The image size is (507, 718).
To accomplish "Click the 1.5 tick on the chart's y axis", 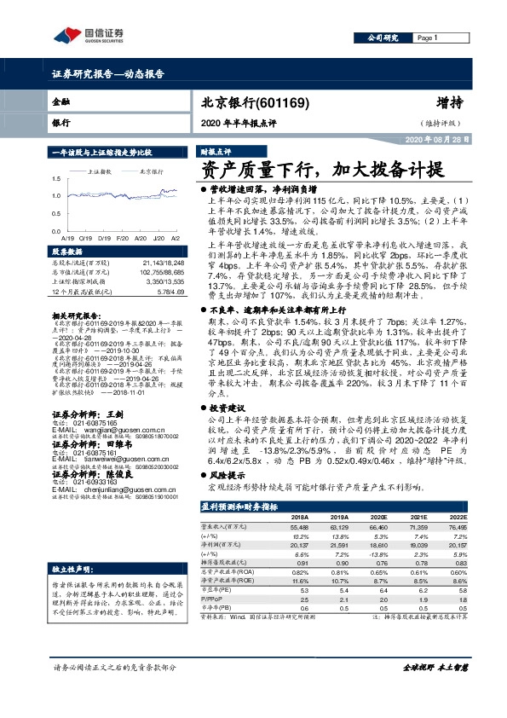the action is (x=56, y=178).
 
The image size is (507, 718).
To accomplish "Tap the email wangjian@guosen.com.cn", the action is (x=102, y=432).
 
